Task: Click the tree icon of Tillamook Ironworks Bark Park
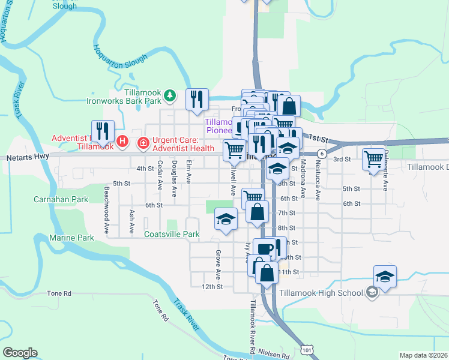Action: tap(171, 95)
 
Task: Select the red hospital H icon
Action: tap(122, 142)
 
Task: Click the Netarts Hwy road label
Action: tap(27, 158)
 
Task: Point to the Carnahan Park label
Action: tap(61, 199)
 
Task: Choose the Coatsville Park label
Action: tap(172, 235)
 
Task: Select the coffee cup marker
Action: tap(264, 248)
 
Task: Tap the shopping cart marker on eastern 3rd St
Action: tap(374, 159)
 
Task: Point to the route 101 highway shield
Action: tap(307, 349)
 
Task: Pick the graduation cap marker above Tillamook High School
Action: tap(385, 277)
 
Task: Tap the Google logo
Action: tap(20, 353)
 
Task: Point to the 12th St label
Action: tap(212, 287)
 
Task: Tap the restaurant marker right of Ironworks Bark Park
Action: tap(197, 100)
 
